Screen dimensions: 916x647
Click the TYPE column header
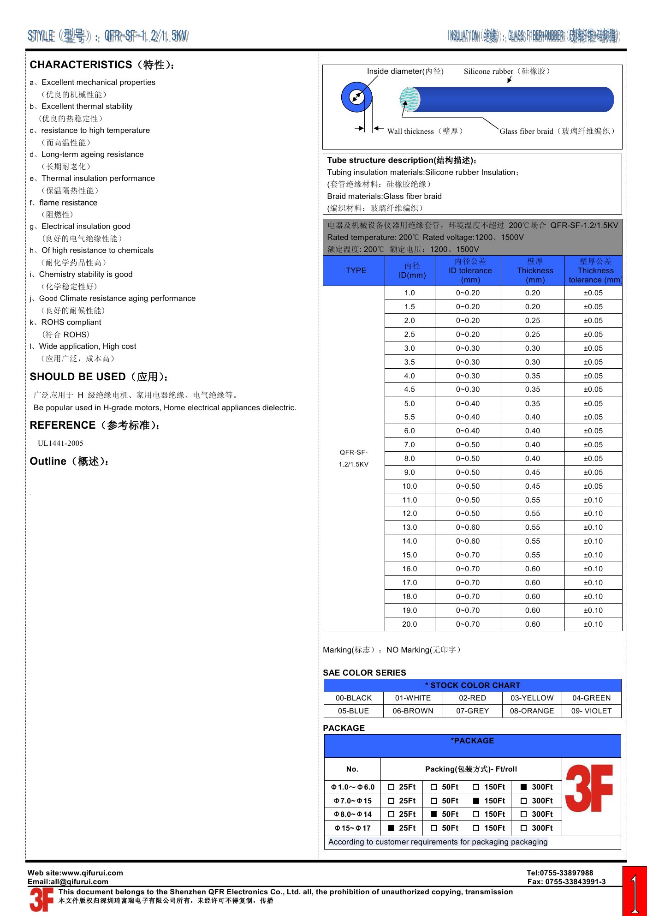(356, 270)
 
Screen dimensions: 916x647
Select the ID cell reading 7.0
(409, 445)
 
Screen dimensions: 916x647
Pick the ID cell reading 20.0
(409, 624)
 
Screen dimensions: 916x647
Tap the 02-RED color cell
(472, 698)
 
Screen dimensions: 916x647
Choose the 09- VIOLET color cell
(591, 711)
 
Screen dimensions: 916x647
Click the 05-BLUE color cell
(353, 711)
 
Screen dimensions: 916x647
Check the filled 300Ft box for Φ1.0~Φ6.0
(524, 787)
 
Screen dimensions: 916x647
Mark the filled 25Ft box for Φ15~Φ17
(392, 828)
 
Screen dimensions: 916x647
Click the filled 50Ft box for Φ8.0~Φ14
(434, 814)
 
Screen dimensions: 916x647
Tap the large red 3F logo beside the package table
(589, 788)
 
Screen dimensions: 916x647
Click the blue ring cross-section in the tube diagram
(356, 97)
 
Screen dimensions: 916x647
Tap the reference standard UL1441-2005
(60, 443)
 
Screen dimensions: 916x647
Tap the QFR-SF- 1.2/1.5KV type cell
(354, 458)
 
